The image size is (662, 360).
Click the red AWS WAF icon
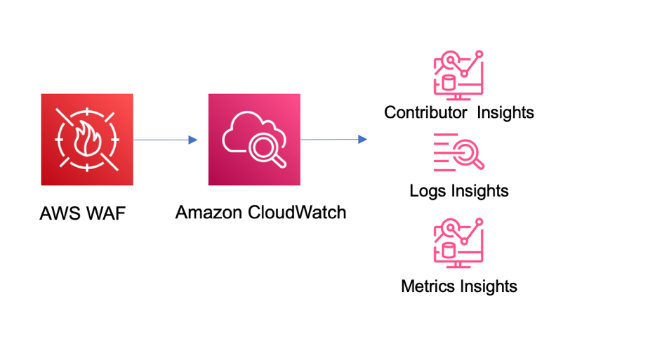[87, 140]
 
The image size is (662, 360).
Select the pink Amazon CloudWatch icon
[254, 140]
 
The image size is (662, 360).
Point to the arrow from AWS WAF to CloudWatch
[165, 140]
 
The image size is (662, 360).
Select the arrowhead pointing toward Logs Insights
[362, 140]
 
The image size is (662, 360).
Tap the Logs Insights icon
[458, 152]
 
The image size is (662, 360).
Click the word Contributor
[425, 112]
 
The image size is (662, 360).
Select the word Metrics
[428, 286]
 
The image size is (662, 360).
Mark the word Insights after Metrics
[489, 286]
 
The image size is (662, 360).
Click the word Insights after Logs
[480, 191]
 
